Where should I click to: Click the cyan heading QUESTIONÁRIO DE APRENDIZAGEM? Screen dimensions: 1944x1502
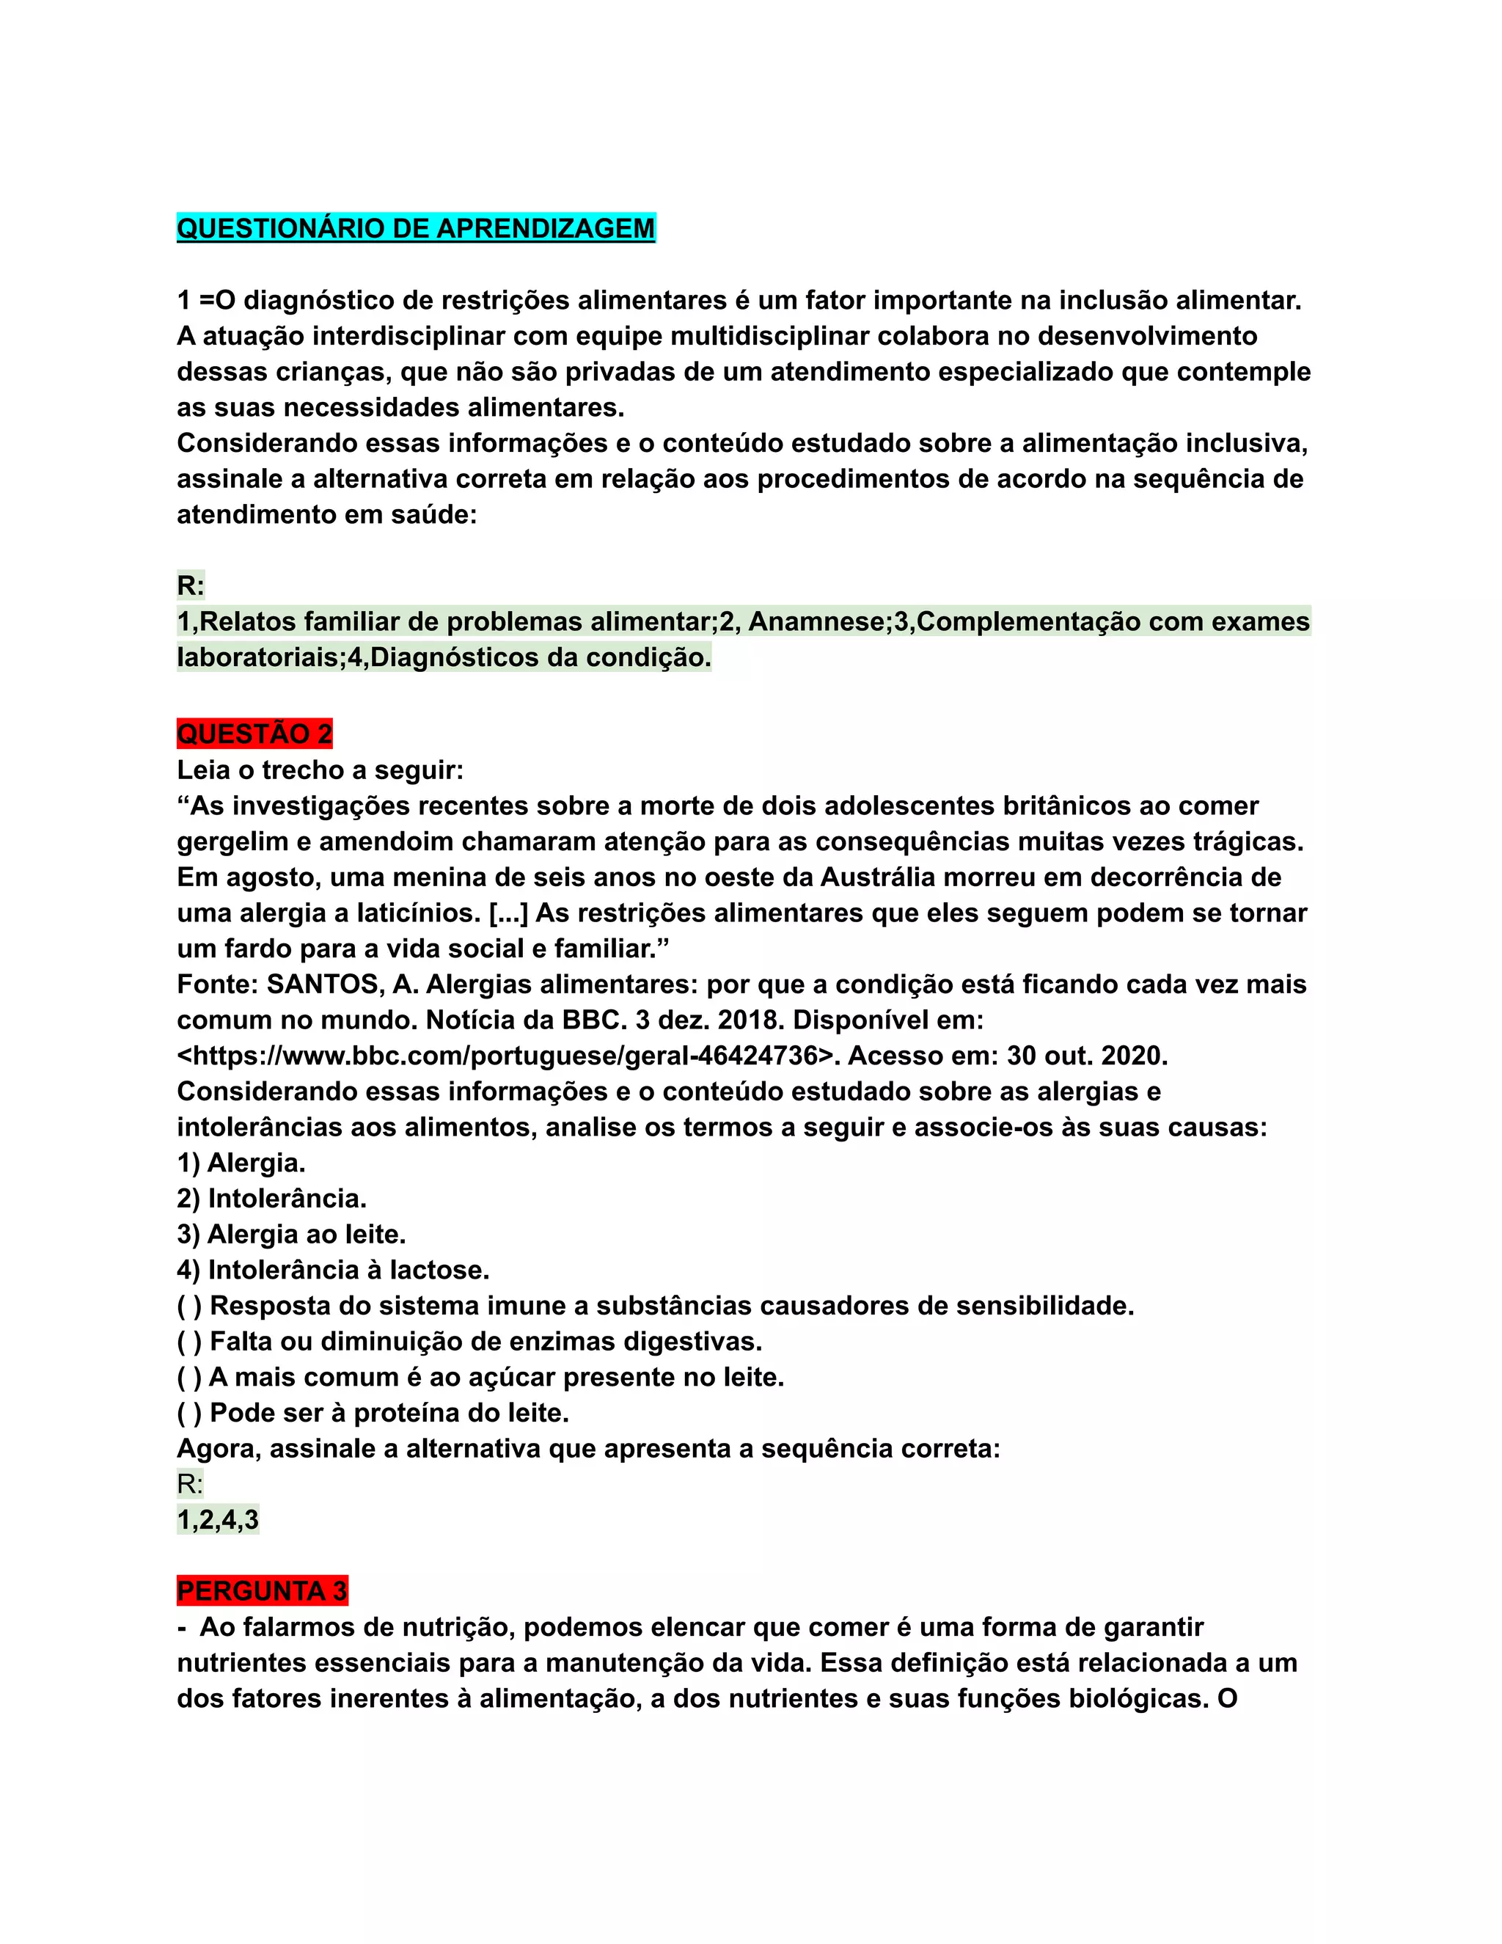pos(416,229)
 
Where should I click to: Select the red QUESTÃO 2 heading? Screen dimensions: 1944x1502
pos(254,734)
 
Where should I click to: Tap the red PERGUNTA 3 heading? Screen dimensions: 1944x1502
pos(262,1590)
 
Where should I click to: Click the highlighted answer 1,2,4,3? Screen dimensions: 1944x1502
pos(218,1519)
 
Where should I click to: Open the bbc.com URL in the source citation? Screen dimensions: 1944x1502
pos(508,1056)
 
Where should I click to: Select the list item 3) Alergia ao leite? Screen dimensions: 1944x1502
pos(291,1235)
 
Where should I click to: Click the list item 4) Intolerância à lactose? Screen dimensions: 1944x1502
pos(333,1270)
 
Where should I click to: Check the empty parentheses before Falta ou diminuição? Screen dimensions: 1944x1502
pos(189,1342)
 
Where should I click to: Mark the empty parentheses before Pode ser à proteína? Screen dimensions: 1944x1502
pos(189,1413)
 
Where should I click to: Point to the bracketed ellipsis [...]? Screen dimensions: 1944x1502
pos(508,913)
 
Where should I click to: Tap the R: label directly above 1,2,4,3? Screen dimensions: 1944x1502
pos(191,1484)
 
